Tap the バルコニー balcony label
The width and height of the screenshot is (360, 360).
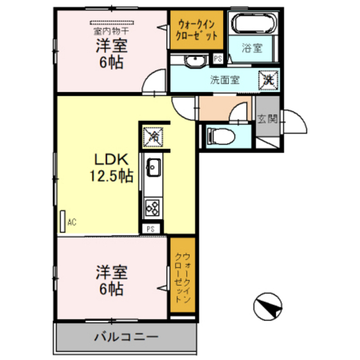[x=125, y=336]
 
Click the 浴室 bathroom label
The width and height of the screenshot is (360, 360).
[x=251, y=48]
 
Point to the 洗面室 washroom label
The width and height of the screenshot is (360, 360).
[x=224, y=81]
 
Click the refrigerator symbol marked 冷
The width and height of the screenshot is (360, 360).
[x=152, y=137]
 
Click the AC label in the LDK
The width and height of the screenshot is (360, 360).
[x=71, y=222]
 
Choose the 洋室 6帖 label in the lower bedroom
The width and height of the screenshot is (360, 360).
[x=110, y=280]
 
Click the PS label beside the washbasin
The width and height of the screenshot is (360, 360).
[x=219, y=59]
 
